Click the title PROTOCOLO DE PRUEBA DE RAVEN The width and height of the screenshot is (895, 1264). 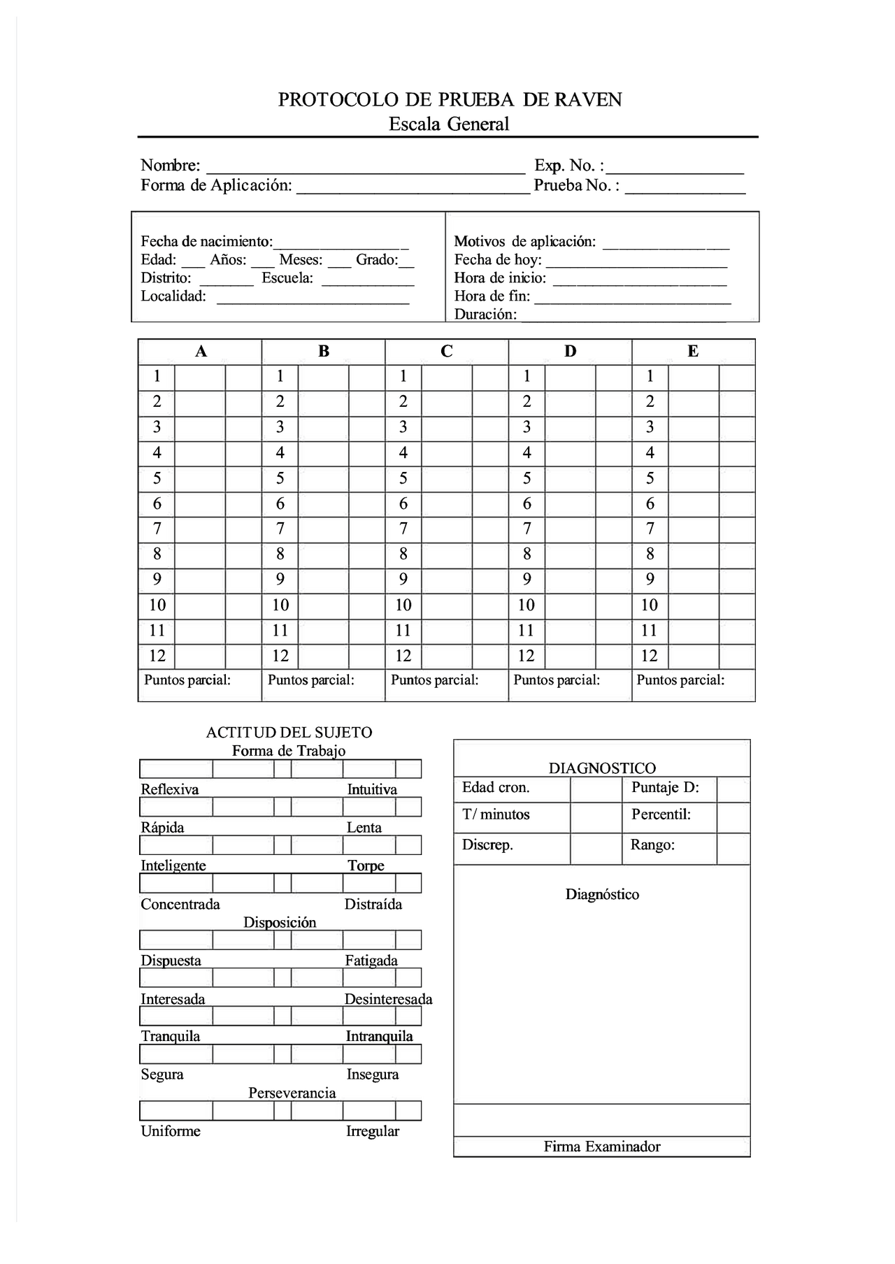coord(450,99)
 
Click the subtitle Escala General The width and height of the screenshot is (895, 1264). coord(449,124)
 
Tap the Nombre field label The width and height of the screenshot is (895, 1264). coord(170,166)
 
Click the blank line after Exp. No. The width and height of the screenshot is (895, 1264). coord(675,168)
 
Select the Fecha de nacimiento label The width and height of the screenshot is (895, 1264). coord(206,242)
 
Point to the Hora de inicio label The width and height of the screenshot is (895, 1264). coord(500,278)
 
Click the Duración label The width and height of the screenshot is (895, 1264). coord(485,315)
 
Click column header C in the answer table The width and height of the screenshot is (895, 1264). coord(446,352)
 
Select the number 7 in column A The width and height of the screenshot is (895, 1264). coord(157,529)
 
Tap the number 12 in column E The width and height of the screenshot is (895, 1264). coord(649,656)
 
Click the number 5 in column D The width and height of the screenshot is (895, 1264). coord(527,478)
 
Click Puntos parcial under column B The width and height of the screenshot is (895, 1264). coord(310,680)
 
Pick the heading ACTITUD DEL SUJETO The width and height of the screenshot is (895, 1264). coord(289,733)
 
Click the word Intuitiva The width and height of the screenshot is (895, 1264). coord(372,790)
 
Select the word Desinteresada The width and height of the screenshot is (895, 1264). coord(388,1000)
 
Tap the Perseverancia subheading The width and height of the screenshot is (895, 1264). coord(292,1093)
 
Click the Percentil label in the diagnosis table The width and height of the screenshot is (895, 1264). coord(661,814)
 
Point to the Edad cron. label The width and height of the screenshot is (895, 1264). coord(496,788)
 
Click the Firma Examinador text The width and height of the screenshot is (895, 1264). coord(601,1147)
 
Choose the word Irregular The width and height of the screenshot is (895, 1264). coord(372,1131)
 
